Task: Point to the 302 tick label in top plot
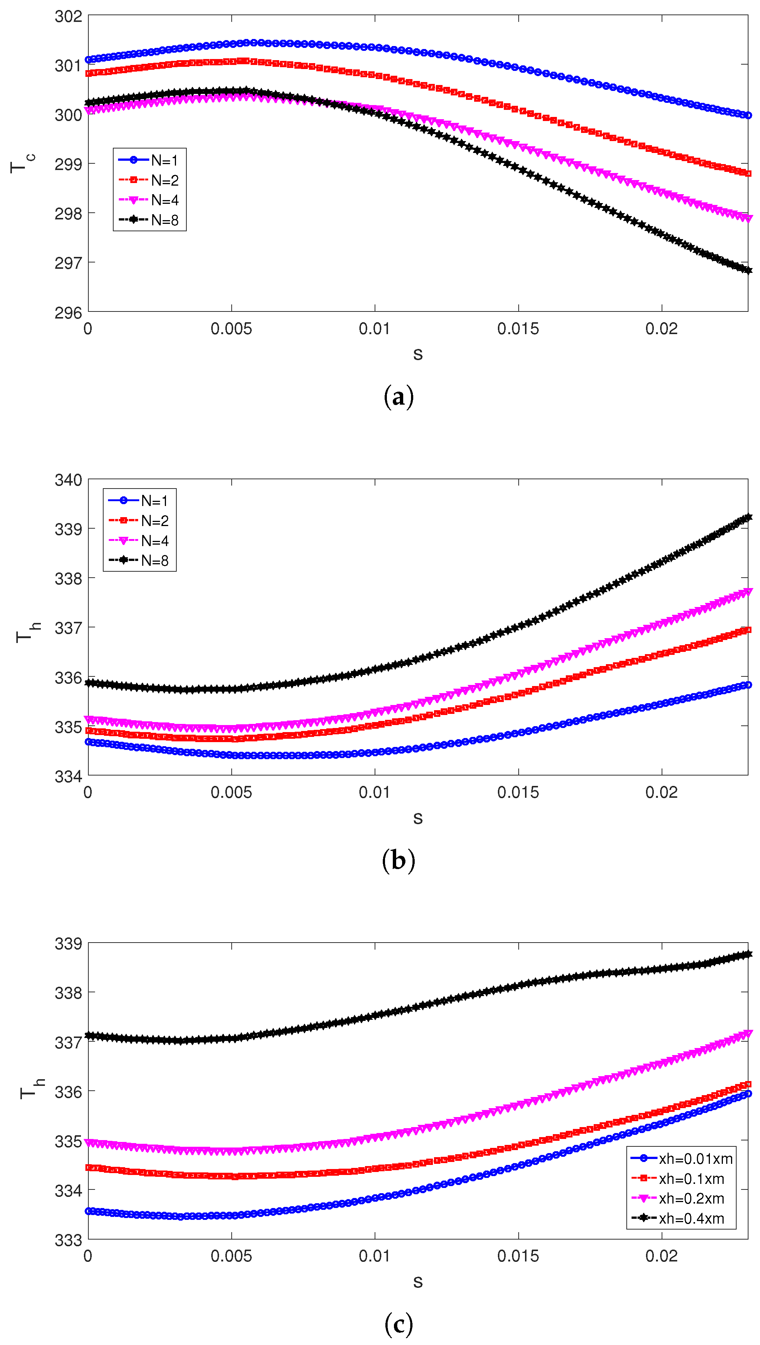[x=68, y=17]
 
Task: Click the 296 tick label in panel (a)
[x=68, y=313]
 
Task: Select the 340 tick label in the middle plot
[x=68, y=480]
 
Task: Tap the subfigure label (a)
[x=398, y=397]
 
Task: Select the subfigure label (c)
[x=398, y=1323]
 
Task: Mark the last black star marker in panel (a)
[x=748, y=270]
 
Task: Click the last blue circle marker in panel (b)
[x=748, y=685]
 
